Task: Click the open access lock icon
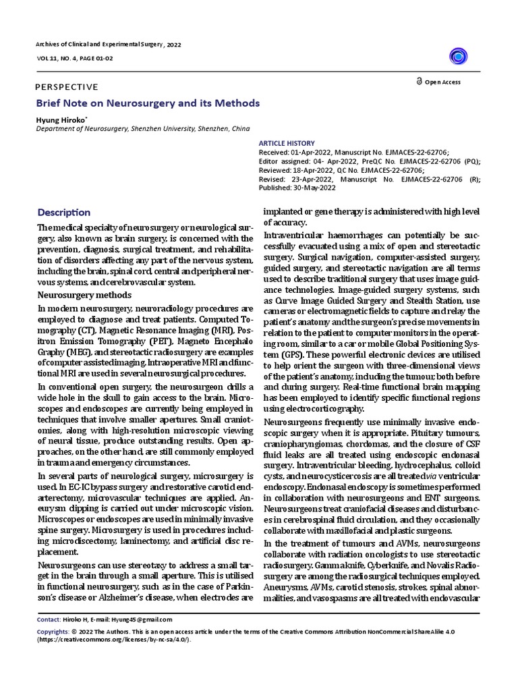pyautogui.click(x=419, y=82)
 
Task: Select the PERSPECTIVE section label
pyautogui.click(x=65, y=87)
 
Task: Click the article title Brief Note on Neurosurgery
pyautogui.click(x=148, y=103)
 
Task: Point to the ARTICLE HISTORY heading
pyautogui.click(x=287, y=143)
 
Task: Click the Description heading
pyautogui.click(x=63, y=213)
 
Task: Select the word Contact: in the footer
pyautogui.click(x=48, y=619)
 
